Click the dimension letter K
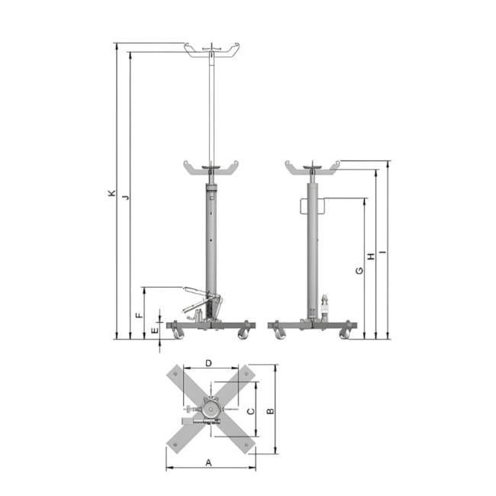(x=111, y=193)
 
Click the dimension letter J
(x=126, y=198)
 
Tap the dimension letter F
(x=139, y=315)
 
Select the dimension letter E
(x=155, y=331)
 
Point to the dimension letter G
(x=359, y=271)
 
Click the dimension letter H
(x=371, y=256)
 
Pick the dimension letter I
(x=383, y=252)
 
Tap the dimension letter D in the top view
(x=208, y=363)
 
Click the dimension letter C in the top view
(x=250, y=411)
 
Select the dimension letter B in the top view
(x=270, y=411)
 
